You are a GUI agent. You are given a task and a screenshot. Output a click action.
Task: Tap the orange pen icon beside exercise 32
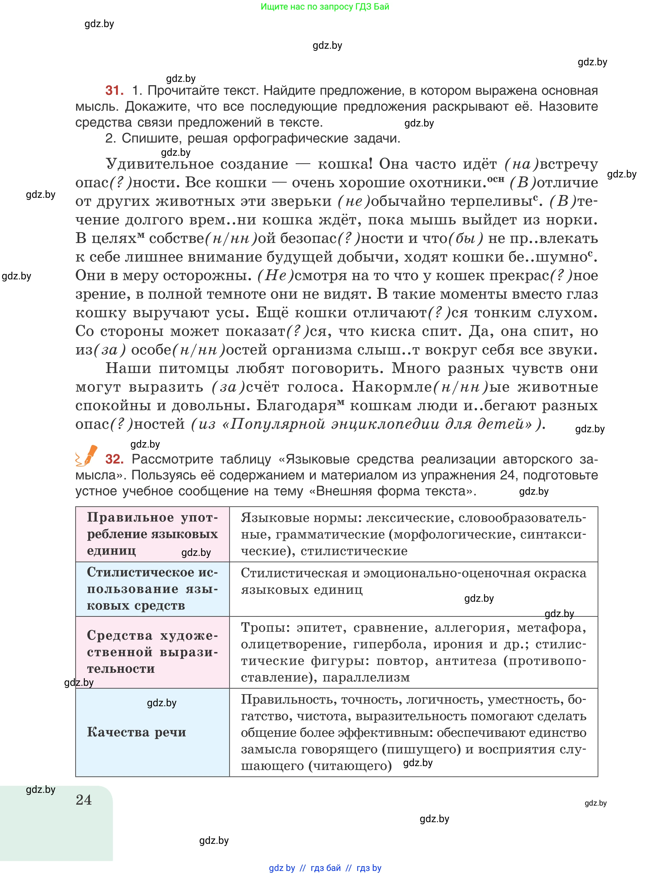(88, 456)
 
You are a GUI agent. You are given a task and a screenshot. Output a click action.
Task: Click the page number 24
(83, 800)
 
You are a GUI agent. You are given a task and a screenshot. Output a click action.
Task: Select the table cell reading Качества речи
(136, 732)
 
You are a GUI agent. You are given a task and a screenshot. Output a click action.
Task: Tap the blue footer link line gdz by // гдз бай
(325, 868)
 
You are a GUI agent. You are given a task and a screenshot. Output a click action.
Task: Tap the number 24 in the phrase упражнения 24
(508, 475)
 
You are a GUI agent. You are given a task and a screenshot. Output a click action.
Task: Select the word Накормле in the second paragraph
(392, 387)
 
